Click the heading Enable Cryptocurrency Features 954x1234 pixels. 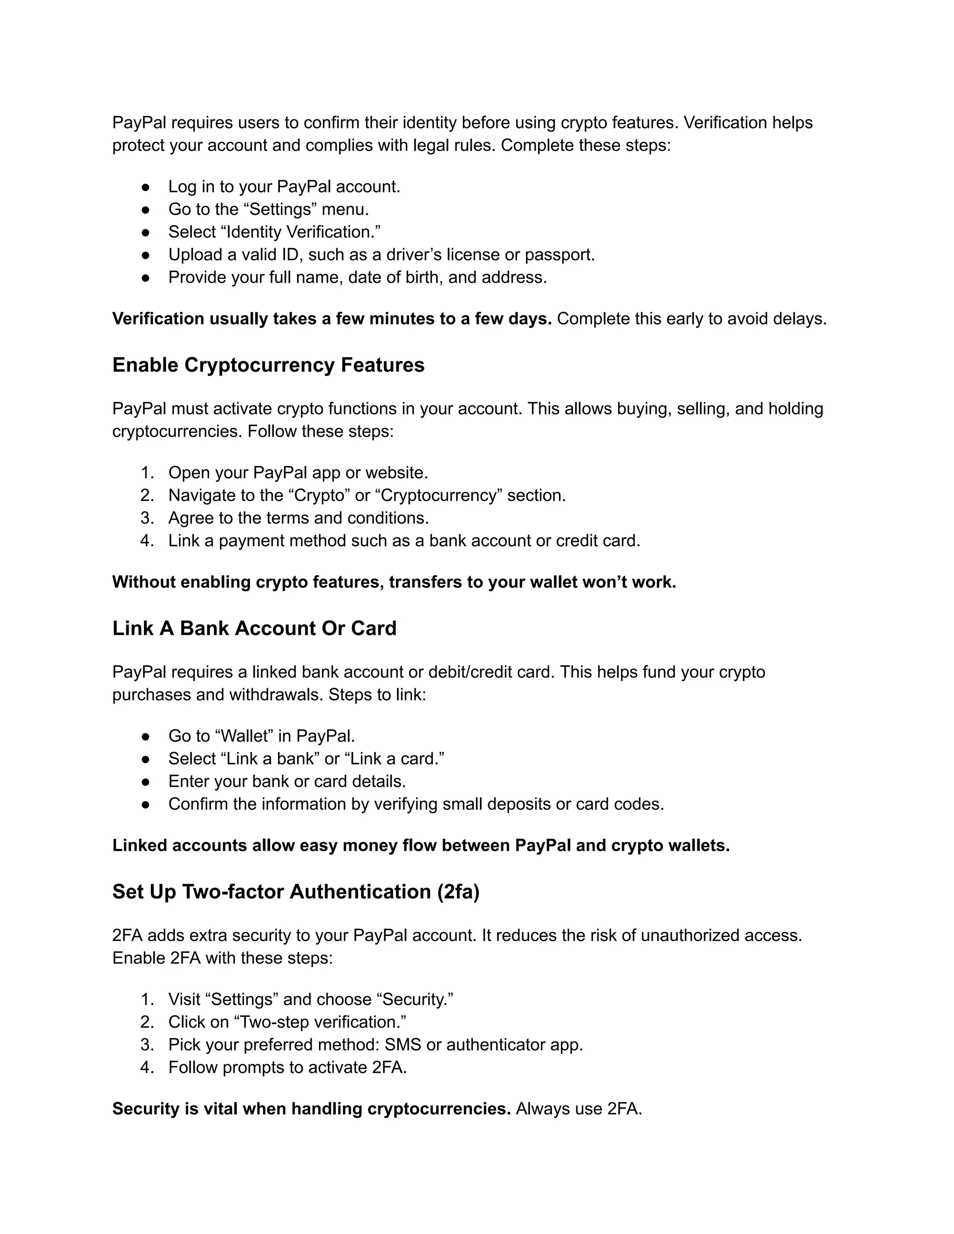click(268, 365)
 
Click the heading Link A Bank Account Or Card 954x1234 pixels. click(254, 628)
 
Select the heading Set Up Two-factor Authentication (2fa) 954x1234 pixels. click(296, 892)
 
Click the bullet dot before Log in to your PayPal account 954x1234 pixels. click(145, 187)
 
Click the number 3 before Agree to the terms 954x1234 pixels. click(146, 518)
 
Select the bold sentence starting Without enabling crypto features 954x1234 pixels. click(394, 582)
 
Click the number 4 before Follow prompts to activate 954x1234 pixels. click(146, 1067)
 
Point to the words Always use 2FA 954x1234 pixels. click(579, 1109)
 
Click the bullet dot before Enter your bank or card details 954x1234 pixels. click(145, 782)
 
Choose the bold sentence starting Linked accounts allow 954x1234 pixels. click(421, 845)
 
